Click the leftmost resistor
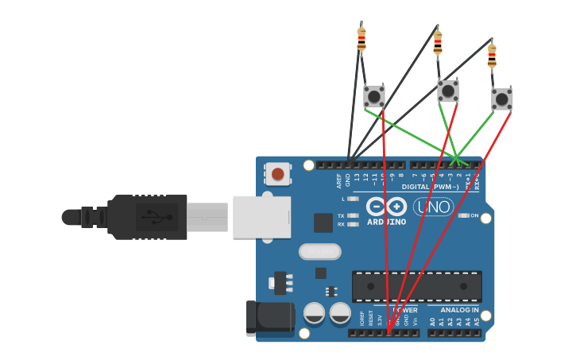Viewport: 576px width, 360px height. pos(361,38)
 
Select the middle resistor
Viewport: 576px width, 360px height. pos(438,43)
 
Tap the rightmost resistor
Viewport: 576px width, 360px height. pos(492,56)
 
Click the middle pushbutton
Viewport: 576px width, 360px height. pos(448,91)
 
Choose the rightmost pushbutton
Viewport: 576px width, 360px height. pos(501,99)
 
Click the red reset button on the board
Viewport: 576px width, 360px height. pos(277,174)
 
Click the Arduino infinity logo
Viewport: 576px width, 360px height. pos(386,207)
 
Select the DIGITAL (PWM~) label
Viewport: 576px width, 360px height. pos(431,187)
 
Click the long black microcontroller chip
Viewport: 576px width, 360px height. pos(416,286)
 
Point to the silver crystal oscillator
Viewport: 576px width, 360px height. pos(319,251)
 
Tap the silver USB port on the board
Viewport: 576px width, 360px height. pos(261,217)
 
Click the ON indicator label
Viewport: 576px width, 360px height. pos(474,215)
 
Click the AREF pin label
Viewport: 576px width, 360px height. pos(338,180)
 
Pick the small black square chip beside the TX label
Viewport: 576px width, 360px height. pos(323,223)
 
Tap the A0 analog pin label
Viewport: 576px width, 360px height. pos(433,322)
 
